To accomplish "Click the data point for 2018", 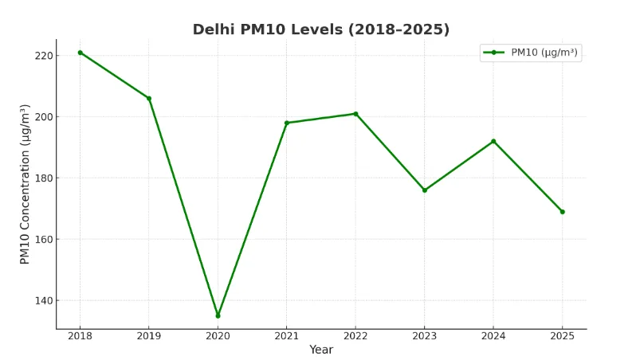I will pyautogui.click(x=80, y=53).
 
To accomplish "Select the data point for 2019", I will pyautogui.click(x=149, y=99).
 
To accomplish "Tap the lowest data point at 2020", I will pyautogui.click(x=218, y=315).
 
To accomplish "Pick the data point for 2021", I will pyautogui.click(x=287, y=123).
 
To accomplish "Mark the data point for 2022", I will pyautogui.click(x=355, y=114).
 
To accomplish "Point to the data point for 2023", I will pyautogui.click(x=424, y=190).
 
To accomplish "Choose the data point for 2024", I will pyautogui.click(x=493, y=141).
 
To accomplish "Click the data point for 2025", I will pyautogui.click(x=562, y=212).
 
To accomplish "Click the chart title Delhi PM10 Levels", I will pyautogui.click(x=321, y=29).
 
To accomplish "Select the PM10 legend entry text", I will pyautogui.click(x=544, y=53).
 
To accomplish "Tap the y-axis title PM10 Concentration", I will pyautogui.click(x=26, y=184).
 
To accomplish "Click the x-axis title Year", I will pyautogui.click(x=321, y=350).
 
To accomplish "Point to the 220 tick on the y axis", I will pyautogui.click(x=44, y=56).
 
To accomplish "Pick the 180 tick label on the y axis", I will pyautogui.click(x=44, y=178).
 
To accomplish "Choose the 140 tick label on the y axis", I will pyautogui.click(x=44, y=301).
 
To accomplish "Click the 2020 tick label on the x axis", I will pyautogui.click(x=218, y=336).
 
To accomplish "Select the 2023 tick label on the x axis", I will pyautogui.click(x=424, y=336).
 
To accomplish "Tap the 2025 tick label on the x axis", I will pyautogui.click(x=562, y=336).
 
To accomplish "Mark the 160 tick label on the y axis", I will pyautogui.click(x=44, y=240).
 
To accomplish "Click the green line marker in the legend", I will pyautogui.click(x=494, y=53).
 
